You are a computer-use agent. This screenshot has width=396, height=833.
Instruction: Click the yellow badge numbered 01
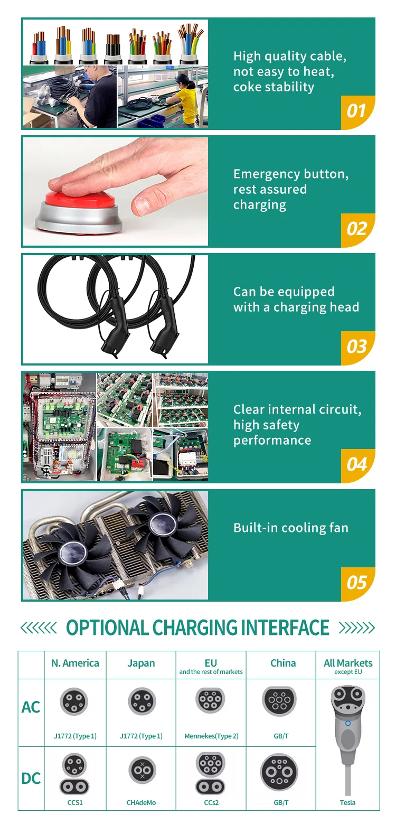pos(357,111)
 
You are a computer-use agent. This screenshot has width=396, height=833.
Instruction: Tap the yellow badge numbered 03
pos(357,347)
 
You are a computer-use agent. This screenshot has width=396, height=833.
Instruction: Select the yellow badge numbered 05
pos(357,583)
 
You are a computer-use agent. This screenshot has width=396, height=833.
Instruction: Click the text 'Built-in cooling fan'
pos(291,528)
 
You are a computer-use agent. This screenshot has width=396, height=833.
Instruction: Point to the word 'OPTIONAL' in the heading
pos(107,628)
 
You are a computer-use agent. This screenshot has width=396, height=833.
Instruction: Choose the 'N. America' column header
pos(75,663)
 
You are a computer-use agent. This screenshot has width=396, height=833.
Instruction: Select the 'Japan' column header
pos(141,663)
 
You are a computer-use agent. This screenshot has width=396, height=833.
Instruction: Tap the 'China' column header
pos(283,663)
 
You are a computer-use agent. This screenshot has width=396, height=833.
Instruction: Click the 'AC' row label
pos(31,707)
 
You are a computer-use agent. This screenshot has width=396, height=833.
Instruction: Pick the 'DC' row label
pos(31,779)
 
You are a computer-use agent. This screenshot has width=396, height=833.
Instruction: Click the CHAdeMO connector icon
pos(142,771)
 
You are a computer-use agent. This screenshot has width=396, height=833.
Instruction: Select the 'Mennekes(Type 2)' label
pos(211,736)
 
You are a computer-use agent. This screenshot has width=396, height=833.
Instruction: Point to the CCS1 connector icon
pos(74,775)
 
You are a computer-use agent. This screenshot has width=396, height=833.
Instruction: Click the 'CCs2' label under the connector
pos(211,803)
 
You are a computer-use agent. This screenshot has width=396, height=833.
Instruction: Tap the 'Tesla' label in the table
pos(347,803)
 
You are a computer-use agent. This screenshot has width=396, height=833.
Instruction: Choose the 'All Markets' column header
pos(348,663)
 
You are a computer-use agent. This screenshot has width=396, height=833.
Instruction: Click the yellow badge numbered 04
pos(357,465)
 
